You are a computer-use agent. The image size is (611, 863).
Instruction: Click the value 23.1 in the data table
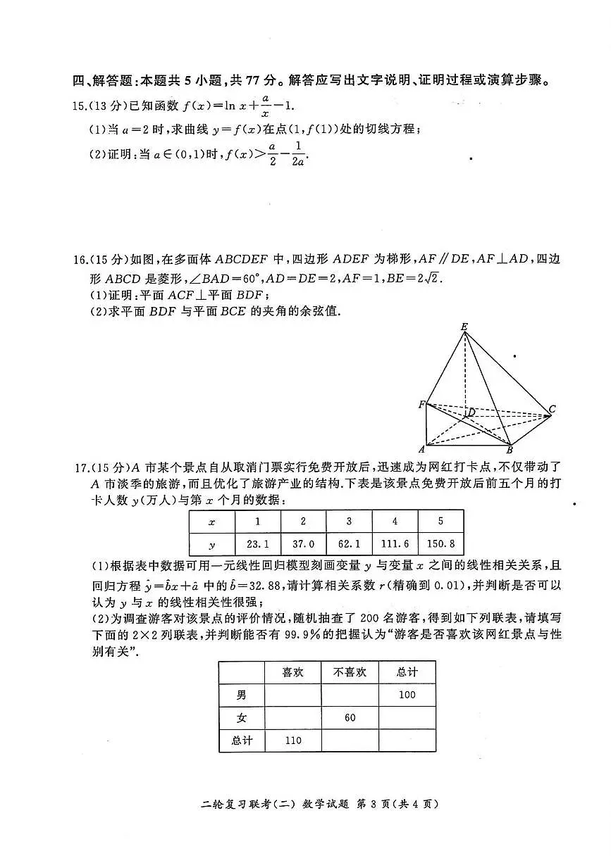(x=257, y=544)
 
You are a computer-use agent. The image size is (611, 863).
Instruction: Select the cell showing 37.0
(x=303, y=544)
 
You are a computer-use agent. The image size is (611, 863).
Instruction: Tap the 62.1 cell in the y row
(x=349, y=544)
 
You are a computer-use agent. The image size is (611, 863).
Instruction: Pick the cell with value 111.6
(x=395, y=544)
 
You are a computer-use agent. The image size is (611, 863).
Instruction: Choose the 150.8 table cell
(x=441, y=544)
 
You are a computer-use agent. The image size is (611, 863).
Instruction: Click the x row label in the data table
(x=212, y=522)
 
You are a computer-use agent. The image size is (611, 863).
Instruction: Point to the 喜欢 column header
(x=292, y=672)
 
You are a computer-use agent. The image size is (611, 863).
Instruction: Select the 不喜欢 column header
(x=350, y=672)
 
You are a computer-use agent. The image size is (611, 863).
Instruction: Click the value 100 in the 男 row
(x=407, y=695)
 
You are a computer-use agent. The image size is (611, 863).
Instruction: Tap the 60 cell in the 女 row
(x=350, y=717)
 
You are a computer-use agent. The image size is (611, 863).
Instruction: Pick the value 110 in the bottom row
(x=292, y=741)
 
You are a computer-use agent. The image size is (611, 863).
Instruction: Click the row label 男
(x=242, y=695)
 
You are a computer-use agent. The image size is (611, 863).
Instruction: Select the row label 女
(x=242, y=717)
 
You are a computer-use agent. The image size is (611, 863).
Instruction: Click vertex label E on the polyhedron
(x=464, y=326)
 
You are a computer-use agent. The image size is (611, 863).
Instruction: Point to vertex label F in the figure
(x=421, y=404)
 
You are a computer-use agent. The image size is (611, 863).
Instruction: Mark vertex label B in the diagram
(x=510, y=450)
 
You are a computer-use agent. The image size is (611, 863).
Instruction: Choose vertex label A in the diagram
(x=421, y=449)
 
